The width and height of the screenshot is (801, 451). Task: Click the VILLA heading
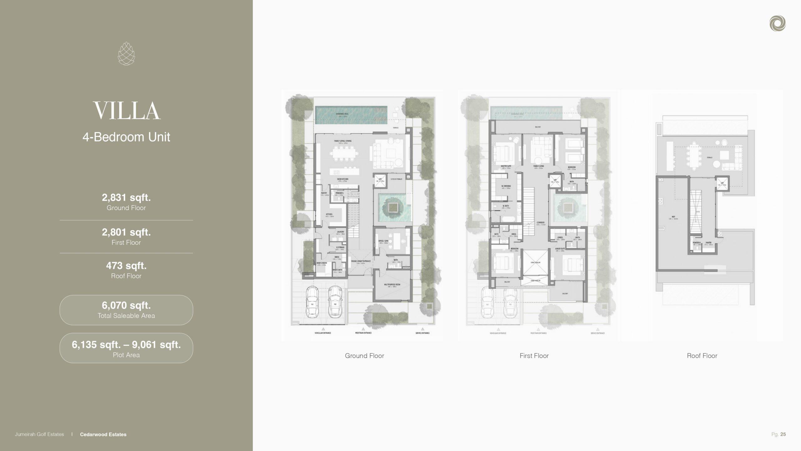point(126,111)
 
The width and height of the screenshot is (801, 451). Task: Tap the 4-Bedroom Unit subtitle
point(126,137)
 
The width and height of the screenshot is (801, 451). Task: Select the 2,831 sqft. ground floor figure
point(126,198)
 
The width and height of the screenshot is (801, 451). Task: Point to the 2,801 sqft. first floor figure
point(126,232)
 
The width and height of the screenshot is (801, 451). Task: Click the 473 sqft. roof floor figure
point(126,266)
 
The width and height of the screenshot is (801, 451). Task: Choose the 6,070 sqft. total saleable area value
point(126,305)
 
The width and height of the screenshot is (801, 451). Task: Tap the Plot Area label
point(126,355)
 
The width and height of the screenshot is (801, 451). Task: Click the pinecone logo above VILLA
point(126,54)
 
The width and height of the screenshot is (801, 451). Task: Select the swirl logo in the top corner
point(778,24)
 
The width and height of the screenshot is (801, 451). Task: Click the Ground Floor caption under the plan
point(365,356)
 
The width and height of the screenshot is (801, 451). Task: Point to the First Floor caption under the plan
point(534,356)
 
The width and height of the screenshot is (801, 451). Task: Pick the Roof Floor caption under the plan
point(702,356)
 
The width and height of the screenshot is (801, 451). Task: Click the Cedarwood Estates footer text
point(103,434)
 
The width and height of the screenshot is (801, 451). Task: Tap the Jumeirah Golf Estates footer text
point(39,434)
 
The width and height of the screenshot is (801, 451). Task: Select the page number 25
point(783,434)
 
